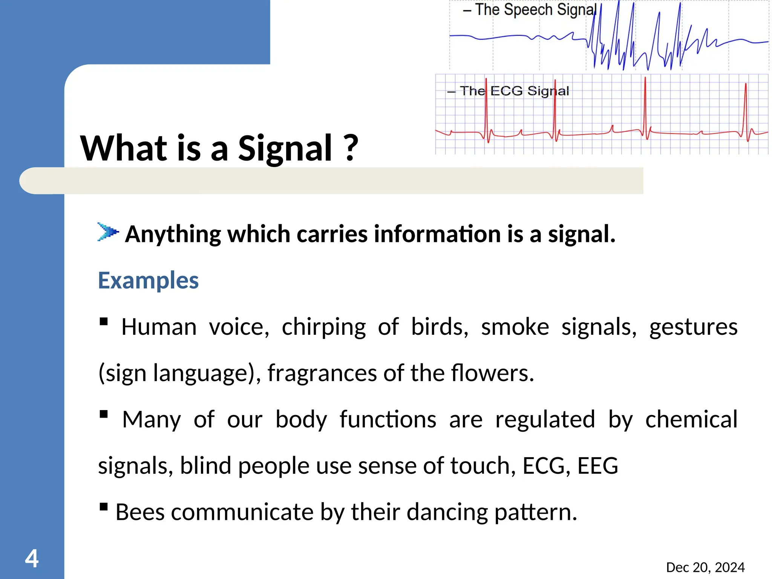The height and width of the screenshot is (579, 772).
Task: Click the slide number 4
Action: [x=32, y=558]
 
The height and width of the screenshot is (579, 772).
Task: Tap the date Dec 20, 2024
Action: [x=705, y=567]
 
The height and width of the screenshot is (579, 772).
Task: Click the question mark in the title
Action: [x=351, y=148]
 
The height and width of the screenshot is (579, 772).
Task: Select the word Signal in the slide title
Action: [x=285, y=149]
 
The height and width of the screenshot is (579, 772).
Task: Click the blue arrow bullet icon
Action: [x=108, y=231]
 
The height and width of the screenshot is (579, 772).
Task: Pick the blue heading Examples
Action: [x=148, y=280]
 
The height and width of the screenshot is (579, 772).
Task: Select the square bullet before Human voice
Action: [x=104, y=322]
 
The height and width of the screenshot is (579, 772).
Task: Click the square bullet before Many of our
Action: [x=104, y=415]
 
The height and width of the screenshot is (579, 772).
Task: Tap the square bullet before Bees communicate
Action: [x=104, y=507]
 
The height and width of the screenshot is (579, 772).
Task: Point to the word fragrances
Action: [x=322, y=373]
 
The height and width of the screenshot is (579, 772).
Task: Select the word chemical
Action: [x=691, y=420]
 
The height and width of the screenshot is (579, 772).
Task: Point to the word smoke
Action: [x=515, y=327]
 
